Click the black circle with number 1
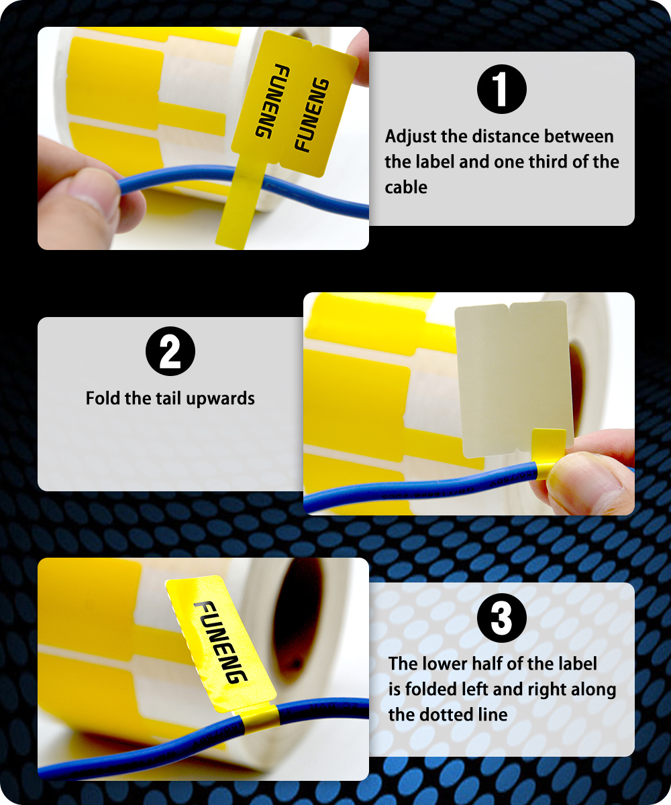(x=501, y=89)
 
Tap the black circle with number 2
(x=170, y=351)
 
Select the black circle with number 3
(x=501, y=617)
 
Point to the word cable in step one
(x=406, y=188)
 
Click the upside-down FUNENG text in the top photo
(x=272, y=101)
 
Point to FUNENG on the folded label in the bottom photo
(x=221, y=643)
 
